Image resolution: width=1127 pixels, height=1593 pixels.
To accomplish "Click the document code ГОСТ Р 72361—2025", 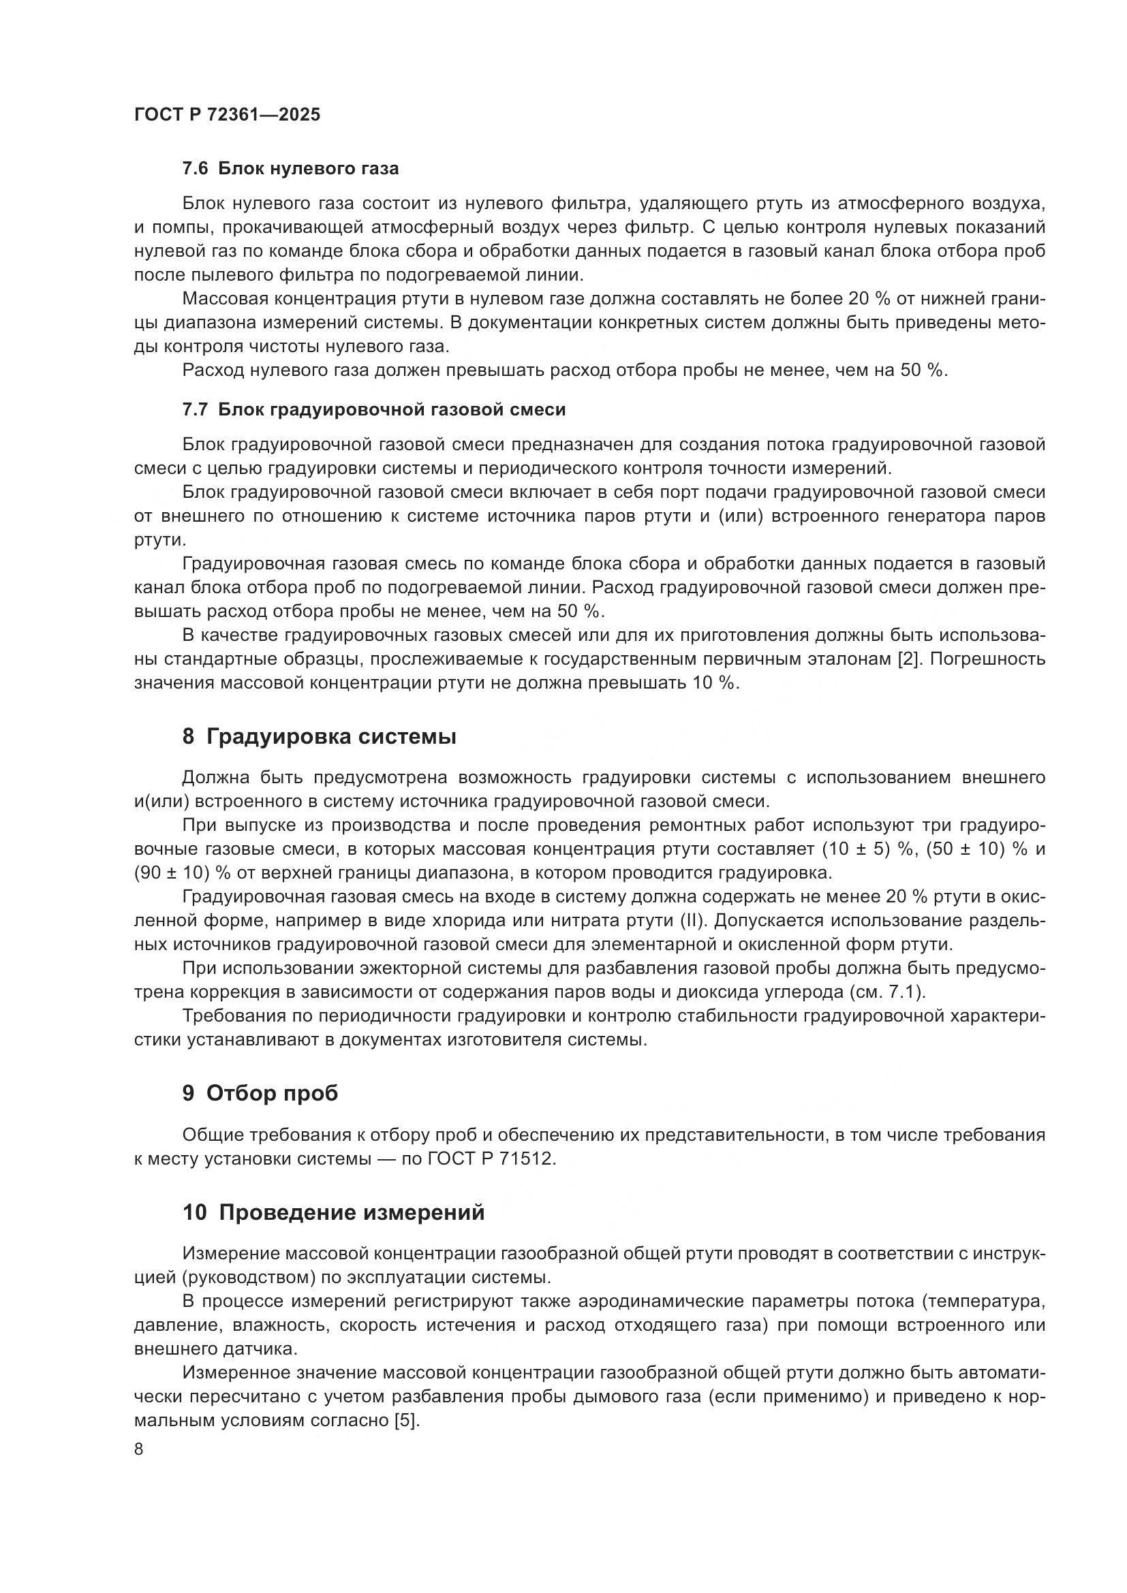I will click(x=227, y=115).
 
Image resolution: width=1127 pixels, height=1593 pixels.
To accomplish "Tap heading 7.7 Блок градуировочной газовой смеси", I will click(x=373, y=409).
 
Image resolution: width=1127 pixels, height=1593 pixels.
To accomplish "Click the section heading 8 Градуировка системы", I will click(x=319, y=737).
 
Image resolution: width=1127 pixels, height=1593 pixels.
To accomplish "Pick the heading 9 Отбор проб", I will click(x=260, y=1094).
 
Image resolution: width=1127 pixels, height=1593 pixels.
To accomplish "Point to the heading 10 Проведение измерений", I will click(x=333, y=1213).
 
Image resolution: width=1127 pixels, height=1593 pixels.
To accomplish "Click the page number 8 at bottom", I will click(x=139, y=1449).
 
